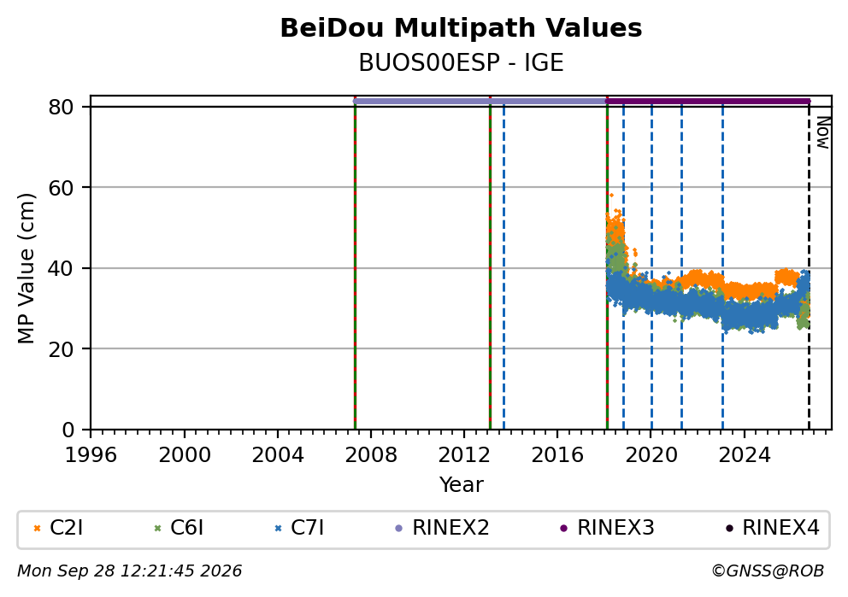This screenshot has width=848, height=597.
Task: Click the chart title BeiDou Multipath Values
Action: [461, 28]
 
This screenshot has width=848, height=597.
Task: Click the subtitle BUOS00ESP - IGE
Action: [461, 62]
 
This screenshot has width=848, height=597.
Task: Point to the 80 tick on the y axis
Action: [61, 107]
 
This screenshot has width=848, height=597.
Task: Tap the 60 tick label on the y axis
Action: [61, 188]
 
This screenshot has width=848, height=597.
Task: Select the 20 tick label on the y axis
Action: [61, 349]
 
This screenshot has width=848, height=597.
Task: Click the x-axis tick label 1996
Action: [91, 455]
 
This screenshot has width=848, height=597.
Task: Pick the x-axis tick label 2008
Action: [371, 455]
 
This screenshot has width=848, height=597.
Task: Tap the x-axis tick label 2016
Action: [557, 455]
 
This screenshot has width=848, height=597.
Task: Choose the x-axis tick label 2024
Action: [745, 455]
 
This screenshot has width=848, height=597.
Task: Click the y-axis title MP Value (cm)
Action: [26, 268]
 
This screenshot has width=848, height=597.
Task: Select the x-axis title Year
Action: [461, 484]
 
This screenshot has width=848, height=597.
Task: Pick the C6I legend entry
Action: [179, 528]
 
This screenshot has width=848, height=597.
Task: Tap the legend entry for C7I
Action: [299, 528]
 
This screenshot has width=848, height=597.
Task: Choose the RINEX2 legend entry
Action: [443, 528]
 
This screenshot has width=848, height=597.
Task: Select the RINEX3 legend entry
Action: [607, 528]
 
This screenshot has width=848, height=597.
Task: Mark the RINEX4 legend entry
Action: [772, 528]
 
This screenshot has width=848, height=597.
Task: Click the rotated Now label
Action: [823, 133]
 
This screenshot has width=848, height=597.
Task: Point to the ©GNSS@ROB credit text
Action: [768, 571]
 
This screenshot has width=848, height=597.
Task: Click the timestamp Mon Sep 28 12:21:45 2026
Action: [130, 571]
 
